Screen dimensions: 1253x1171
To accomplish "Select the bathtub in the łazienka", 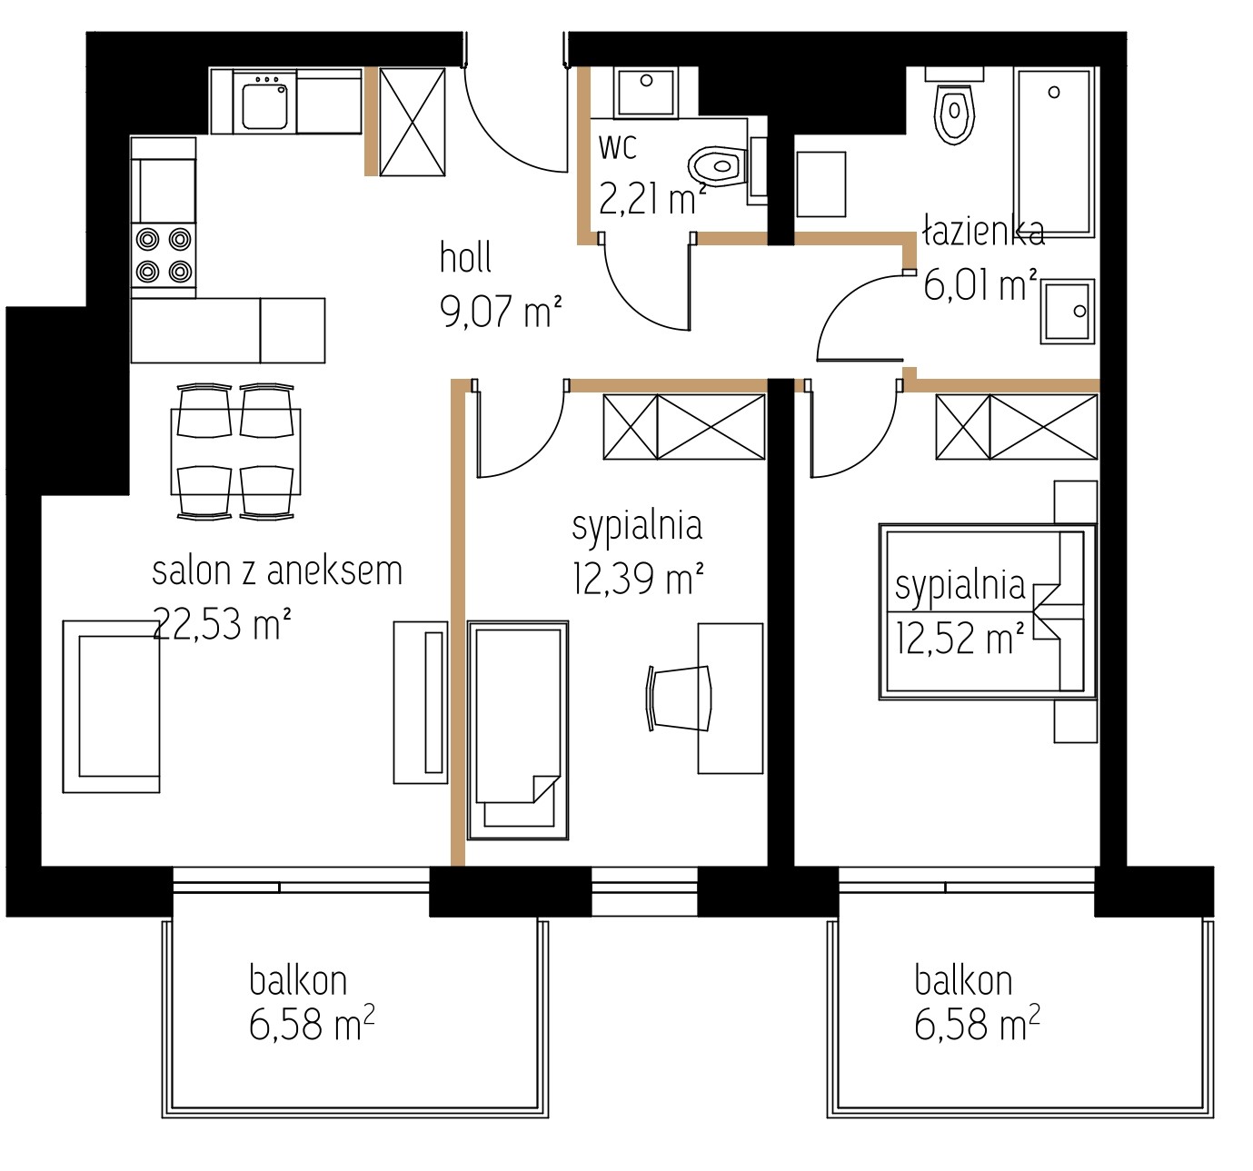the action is coord(1054,152).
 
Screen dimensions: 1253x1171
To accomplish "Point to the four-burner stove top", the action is coord(164,255).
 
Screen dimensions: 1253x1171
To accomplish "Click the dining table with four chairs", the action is coord(235,452).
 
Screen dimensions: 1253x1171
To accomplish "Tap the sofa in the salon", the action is coord(111,706).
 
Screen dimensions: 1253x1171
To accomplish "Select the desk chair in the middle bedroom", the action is coord(679,699).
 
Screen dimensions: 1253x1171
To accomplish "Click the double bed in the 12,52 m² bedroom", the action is coord(988,611).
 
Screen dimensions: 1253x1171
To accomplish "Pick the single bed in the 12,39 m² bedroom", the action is coord(517,730).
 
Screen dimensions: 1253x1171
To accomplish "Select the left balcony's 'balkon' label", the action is coord(298,980).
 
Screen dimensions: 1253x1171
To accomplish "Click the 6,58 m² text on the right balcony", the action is coord(977,1023).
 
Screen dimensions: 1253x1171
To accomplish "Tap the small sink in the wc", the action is coord(645,92).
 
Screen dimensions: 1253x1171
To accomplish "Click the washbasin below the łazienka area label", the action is coord(1068,312).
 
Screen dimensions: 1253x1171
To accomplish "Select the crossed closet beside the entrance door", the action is coord(412,121).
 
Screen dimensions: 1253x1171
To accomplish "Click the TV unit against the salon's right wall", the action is coord(421,702).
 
